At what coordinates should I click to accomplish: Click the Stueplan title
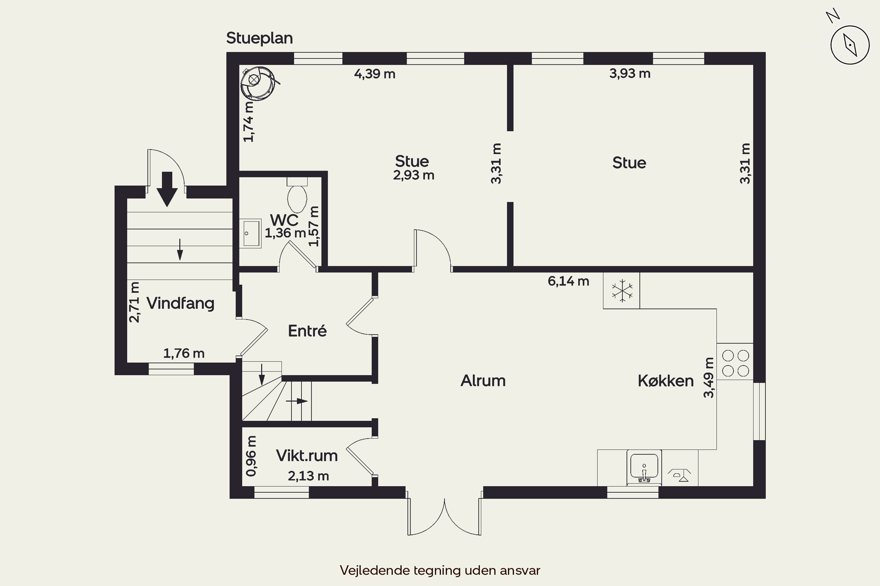[x=259, y=38]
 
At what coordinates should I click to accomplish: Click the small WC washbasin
[x=250, y=233]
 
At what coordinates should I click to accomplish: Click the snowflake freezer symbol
[x=622, y=290]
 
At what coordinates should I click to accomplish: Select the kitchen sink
[x=644, y=467]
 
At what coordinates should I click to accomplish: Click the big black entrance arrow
[x=167, y=189]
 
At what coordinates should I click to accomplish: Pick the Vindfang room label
[x=180, y=303]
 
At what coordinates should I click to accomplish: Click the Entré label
[x=307, y=331]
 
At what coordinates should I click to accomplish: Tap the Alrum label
[x=483, y=380]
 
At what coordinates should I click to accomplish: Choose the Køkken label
[x=666, y=381]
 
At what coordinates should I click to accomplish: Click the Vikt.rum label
[x=307, y=456]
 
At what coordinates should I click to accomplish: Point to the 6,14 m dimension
[x=568, y=281]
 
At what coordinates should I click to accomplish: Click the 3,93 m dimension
[x=630, y=74]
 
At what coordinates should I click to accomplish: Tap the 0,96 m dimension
[x=251, y=456]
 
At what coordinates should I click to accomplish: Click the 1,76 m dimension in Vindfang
[x=184, y=353]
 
